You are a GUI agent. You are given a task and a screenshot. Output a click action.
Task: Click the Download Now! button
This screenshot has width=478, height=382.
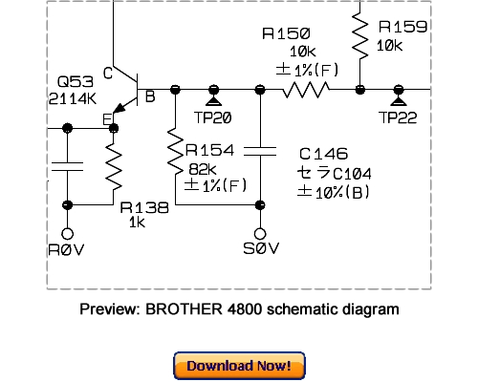[x=239, y=366]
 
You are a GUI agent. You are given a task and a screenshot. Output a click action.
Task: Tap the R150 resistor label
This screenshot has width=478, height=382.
[x=284, y=34]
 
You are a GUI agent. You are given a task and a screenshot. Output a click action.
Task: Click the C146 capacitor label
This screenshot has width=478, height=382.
[x=324, y=154]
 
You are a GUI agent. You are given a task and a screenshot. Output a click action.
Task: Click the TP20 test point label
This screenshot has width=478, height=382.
[x=213, y=117]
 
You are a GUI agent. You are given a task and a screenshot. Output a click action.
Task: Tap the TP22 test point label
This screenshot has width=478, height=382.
[x=399, y=117]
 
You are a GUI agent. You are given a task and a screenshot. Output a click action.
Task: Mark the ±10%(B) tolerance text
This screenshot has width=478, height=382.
[x=334, y=192]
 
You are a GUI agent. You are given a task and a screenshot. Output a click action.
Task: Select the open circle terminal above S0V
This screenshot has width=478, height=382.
[x=260, y=232]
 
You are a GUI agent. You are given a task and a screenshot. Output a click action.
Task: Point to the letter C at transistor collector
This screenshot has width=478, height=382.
[x=108, y=74]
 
